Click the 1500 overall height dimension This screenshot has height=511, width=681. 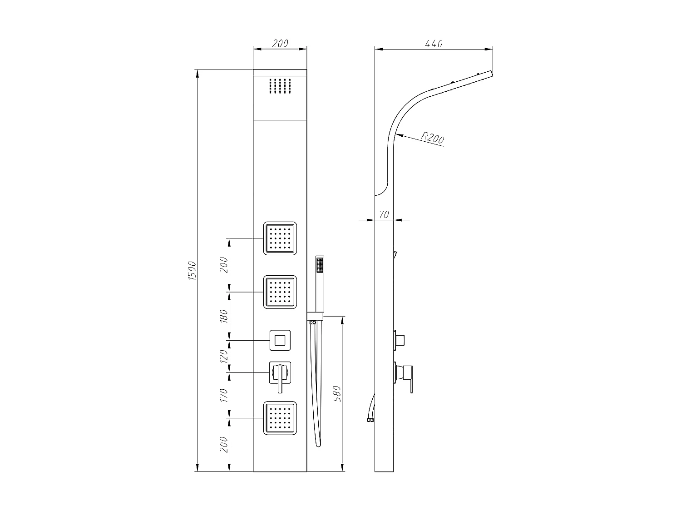(x=192, y=271)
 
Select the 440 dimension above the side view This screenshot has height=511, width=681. (x=434, y=44)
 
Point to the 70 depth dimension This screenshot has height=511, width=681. (x=384, y=214)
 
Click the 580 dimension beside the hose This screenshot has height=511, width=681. (x=337, y=394)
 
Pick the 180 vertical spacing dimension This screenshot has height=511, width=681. (x=224, y=316)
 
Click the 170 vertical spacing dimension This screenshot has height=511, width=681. (x=224, y=395)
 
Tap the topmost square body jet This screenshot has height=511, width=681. (x=280, y=238)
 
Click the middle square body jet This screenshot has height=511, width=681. (x=280, y=292)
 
